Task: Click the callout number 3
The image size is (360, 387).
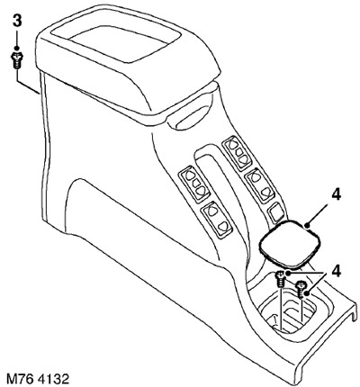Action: (x=17, y=22)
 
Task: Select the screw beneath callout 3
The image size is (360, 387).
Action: (x=17, y=60)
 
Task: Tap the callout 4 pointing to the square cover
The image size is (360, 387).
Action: (x=337, y=195)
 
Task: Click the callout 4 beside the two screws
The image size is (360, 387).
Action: (x=337, y=272)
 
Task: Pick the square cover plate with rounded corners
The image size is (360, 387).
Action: (x=290, y=243)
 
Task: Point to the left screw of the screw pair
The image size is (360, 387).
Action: (x=280, y=279)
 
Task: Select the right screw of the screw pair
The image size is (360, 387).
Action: (x=301, y=289)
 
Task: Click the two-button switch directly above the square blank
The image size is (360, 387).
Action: (x=259, y=185)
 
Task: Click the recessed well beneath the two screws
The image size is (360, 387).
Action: (x=288, y=312)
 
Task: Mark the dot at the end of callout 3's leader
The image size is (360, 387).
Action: (x=17, y=49)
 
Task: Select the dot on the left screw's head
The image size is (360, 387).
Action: (x=287, y=274)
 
